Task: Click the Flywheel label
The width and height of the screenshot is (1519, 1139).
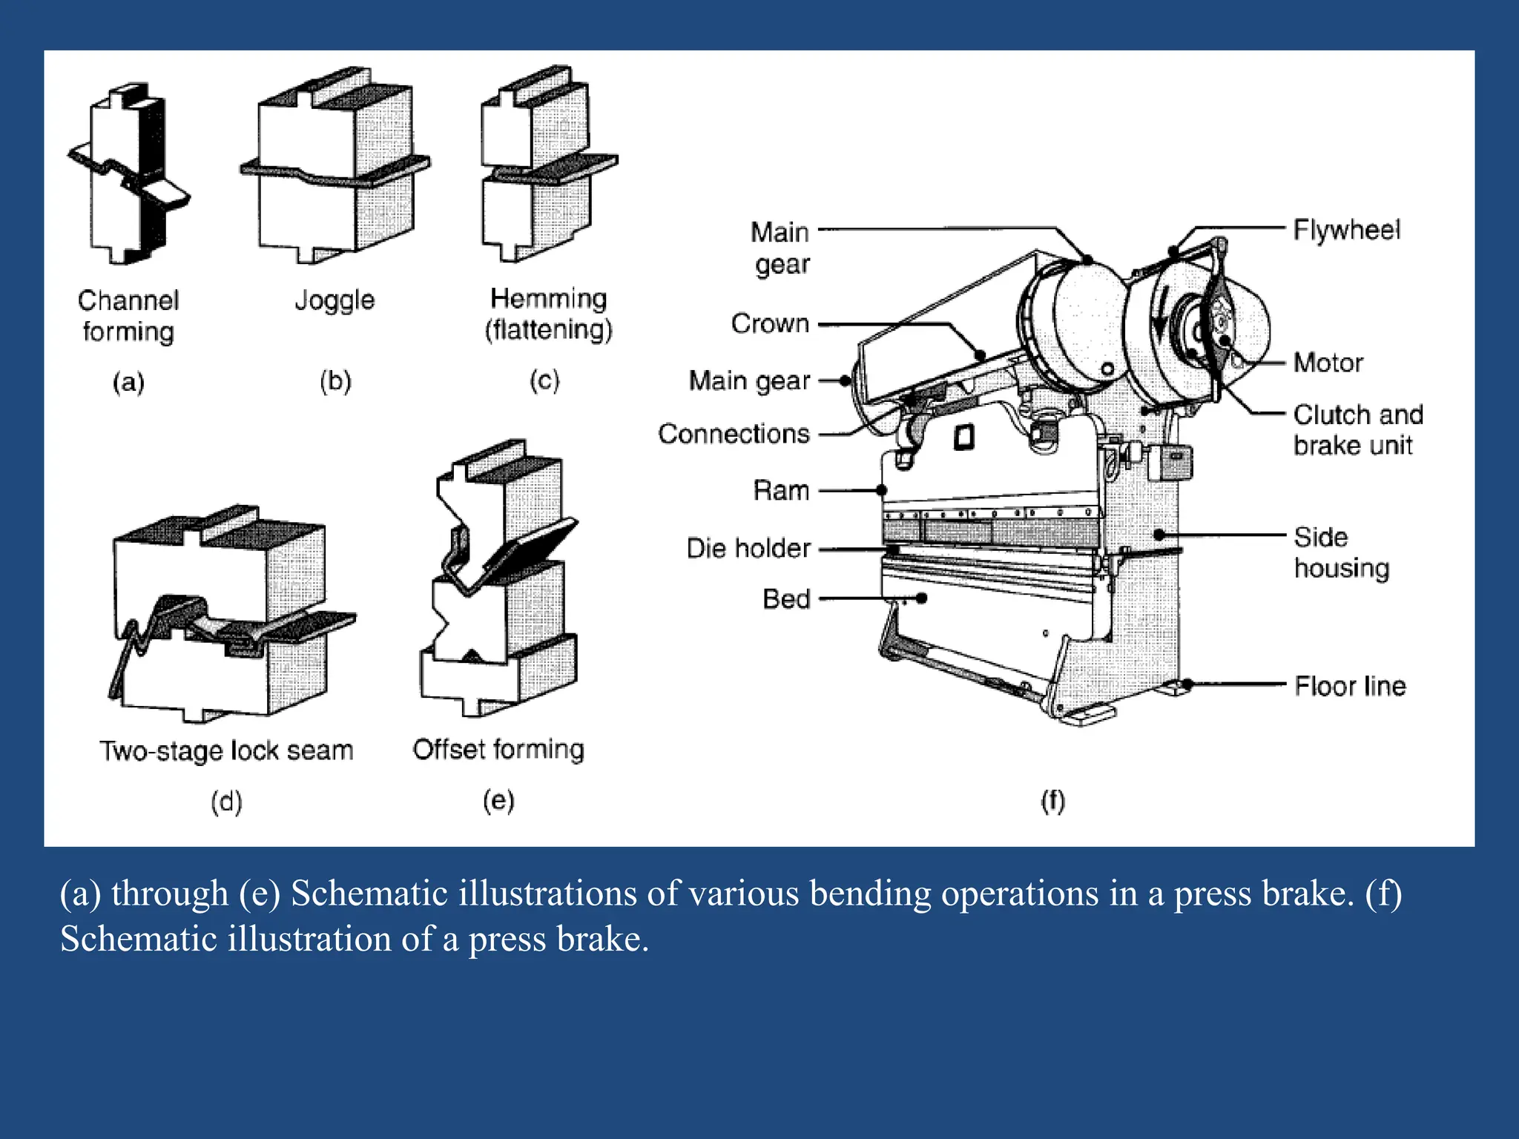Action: (1346, 230)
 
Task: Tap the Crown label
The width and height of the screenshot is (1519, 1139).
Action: (770, 324)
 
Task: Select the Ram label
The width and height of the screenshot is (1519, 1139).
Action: (781, 491)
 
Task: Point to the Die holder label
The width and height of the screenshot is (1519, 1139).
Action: (748, 549)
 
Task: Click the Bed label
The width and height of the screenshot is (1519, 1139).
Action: (786, 599)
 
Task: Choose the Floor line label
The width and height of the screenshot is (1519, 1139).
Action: (1350, 686)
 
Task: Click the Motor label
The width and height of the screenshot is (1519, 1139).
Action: (1328, 363)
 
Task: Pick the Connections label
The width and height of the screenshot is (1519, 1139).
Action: (734, 434)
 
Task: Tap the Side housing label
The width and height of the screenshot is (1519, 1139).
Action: (1341, 552)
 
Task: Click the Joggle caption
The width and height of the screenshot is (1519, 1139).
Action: (335, 300)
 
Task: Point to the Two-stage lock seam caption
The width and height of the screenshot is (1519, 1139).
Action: (226, 751)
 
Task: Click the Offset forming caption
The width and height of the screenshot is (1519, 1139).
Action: (498, 750)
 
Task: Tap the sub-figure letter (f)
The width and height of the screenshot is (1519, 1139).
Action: (1052, 801)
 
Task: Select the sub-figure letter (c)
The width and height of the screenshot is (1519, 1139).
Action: (544, 381)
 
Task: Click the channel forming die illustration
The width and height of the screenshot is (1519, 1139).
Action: (128, 174)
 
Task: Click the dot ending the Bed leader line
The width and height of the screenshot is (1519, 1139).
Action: (922, 598)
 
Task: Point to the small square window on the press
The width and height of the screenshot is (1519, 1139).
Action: (963, 437)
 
